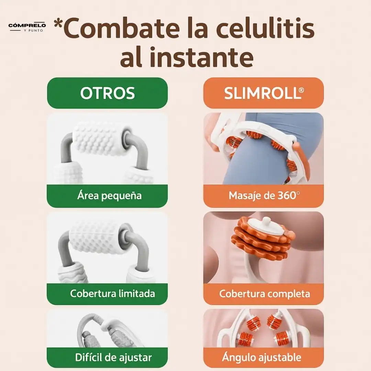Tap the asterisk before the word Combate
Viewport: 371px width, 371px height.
(x=58, y=23)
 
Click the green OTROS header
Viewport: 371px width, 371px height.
(x=107, y=93)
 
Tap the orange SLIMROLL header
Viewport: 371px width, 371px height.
(x=263, y=93)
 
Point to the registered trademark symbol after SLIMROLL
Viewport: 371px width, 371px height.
(x=301, y=90)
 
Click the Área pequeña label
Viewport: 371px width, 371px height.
(x=109, y=196)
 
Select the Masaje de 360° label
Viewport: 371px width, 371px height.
(x=264, y=196)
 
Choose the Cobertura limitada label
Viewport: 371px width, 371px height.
(x=112, y=294)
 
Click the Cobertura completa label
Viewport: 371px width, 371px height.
(x=265, y=294)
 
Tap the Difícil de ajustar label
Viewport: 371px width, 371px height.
(x=113, y=357)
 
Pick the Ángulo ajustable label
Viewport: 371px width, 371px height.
(x=261, y=357)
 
